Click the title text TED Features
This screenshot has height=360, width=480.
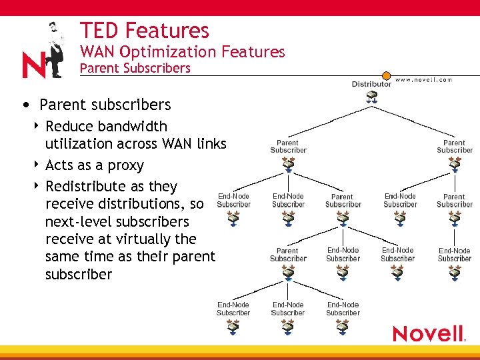[144, 31]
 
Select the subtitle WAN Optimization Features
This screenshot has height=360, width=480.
[182, 52]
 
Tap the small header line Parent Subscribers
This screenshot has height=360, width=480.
[135, 68]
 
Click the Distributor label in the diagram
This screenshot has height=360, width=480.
[371, 84]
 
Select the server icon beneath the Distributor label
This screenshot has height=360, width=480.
[372, 97]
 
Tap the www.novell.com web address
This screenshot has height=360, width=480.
[423, 79]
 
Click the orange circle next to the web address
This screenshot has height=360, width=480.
[386, 76]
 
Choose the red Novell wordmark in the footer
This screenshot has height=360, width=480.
[428, 333]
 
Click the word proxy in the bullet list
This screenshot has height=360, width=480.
[125, 165]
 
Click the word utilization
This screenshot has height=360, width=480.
[79, 144]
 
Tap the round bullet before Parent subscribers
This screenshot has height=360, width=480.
[25, 105]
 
